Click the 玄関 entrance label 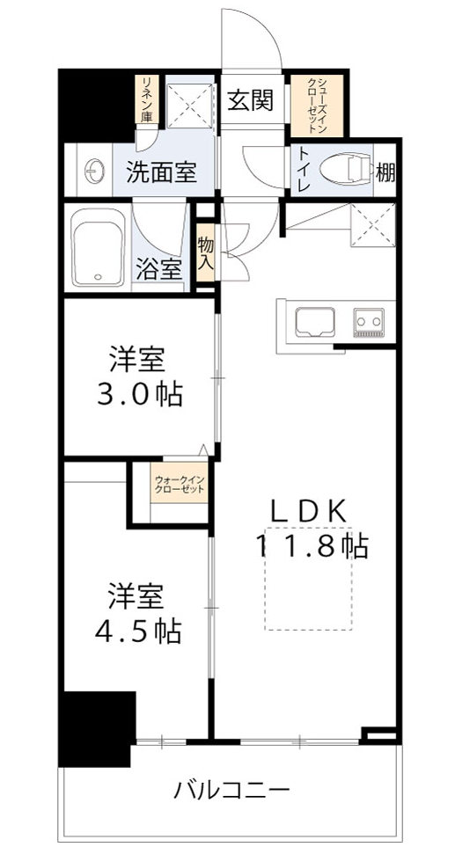252,100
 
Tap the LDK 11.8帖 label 312,529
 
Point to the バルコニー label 231,789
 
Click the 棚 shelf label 385,172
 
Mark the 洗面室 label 159,172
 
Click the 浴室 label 159,267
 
